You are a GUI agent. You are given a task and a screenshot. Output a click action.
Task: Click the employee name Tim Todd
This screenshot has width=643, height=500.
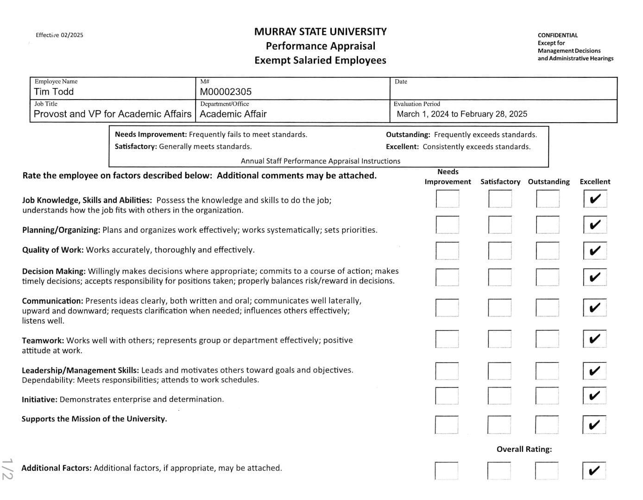tap(54, 92)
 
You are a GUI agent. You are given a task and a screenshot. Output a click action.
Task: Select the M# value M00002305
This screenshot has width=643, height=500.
tap(226, 92)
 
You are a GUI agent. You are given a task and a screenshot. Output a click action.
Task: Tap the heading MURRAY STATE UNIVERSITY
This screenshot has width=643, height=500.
tap(320, 31)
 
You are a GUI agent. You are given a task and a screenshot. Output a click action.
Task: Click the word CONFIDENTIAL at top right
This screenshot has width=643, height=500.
tap(558, 35)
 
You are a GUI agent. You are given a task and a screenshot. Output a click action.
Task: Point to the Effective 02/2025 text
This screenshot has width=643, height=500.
tap(59, 35)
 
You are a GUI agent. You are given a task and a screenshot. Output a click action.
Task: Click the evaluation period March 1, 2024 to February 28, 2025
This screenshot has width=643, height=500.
tap(462, 114)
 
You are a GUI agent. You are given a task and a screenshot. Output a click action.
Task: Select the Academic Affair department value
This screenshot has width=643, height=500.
tap(233, 114)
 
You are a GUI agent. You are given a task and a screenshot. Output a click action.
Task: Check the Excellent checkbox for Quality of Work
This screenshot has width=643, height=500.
tap(595, 251)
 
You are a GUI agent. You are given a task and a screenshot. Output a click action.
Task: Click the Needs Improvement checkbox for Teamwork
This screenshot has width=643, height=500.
tap(447, 339)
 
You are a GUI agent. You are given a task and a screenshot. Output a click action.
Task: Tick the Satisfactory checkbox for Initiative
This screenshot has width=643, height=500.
tap(499, 396)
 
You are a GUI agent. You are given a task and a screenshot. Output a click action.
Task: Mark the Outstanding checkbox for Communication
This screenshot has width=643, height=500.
tap(547, 308)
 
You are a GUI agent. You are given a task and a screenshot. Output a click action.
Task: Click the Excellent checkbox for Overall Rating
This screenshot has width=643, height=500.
tap(594, 471)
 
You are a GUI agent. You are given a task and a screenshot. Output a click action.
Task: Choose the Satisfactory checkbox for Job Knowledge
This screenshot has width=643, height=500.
tap(500, 199)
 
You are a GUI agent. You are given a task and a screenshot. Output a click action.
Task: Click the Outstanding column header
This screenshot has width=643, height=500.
tap(548, 181)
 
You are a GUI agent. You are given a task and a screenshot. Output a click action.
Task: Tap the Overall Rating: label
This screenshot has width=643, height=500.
tap(524, 449)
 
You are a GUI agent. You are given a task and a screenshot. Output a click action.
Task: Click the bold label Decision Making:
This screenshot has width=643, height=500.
tap(54, 271)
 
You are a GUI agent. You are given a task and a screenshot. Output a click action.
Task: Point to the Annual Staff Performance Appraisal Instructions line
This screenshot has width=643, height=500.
tap(320, 161)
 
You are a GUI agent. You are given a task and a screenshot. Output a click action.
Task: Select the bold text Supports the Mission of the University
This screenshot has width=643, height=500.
tap(94, 419)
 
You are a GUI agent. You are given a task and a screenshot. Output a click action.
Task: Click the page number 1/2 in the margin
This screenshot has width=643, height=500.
tap(7, 469)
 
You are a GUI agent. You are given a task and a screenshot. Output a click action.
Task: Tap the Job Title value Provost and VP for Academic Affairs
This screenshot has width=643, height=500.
tap(113, 114)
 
